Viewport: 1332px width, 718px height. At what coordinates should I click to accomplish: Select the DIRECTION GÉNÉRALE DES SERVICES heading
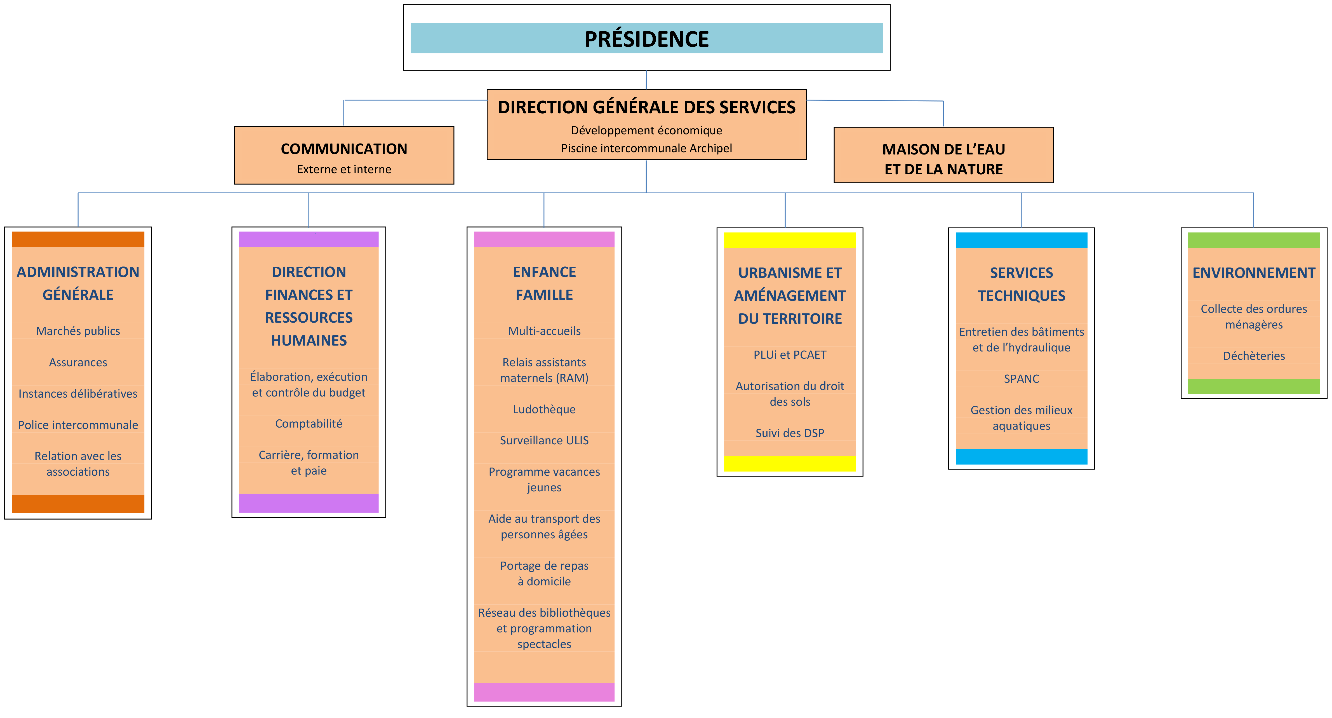[x=646, y=107]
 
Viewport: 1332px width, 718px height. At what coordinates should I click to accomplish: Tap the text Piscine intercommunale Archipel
[x=646, y=149]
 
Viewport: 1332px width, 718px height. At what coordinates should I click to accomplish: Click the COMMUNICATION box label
[x=344, y=149]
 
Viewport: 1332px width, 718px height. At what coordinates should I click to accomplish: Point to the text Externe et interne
[x=344, y=169]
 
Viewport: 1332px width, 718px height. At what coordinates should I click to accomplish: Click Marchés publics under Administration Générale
[x=78, y=331]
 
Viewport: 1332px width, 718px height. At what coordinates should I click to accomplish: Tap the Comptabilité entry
[x=309, y=424]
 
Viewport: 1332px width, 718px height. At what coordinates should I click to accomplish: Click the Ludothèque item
[x=544, y=409]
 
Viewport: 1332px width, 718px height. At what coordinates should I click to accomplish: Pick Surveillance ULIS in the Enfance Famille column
[x=544, y=440]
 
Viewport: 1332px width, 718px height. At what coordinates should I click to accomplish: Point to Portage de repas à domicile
[x=544, y=573]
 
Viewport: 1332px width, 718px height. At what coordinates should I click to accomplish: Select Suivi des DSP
[x=790, y=433]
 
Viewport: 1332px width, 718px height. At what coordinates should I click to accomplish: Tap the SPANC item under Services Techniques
[x=1021, y=379]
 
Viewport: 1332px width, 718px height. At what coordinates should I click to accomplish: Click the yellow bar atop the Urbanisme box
[x=790, y=240]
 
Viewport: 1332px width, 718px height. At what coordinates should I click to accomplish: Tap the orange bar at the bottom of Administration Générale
[x=78, y=503]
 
